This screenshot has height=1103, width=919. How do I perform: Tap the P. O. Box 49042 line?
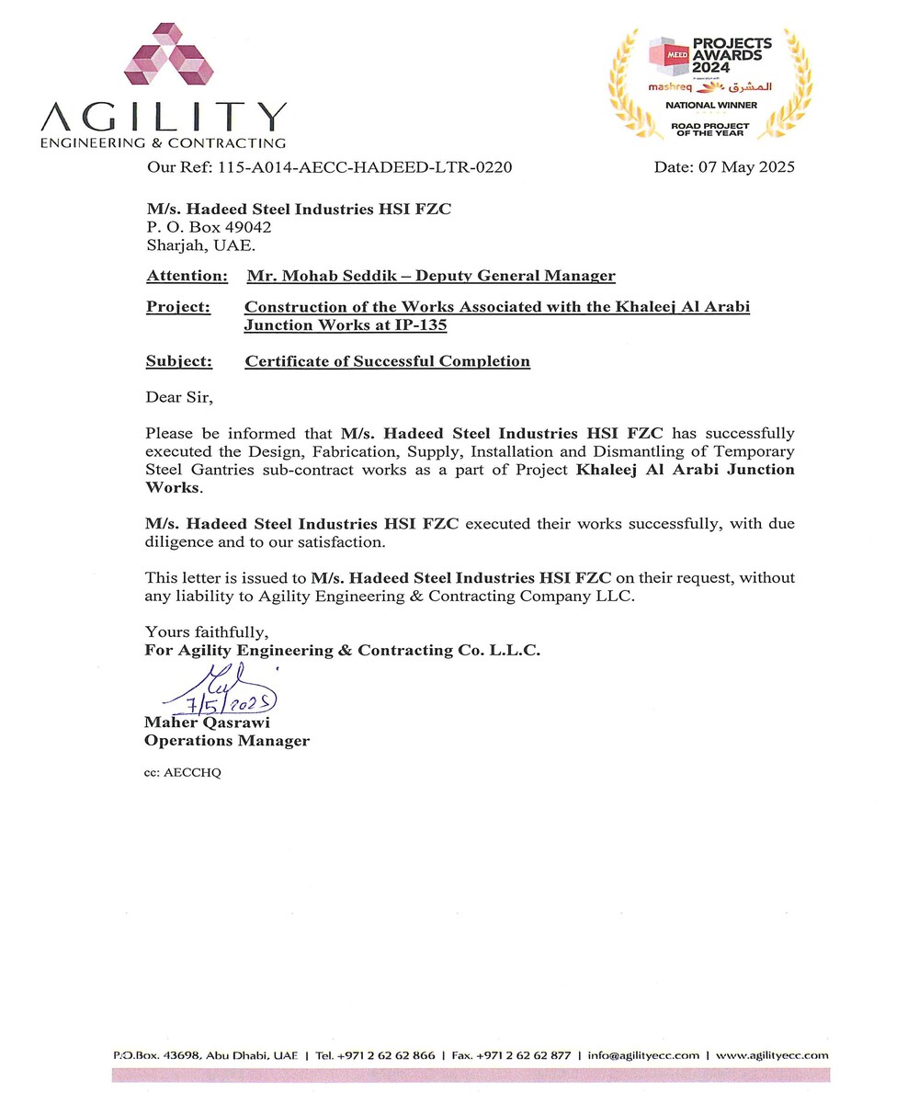click(x=209, y=227)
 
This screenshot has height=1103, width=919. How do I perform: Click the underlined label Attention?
click(x=187, y=276)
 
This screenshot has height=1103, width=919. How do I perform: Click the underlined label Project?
click(x=177, y=307)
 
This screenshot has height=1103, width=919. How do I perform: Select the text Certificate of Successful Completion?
click(x=387, y=361)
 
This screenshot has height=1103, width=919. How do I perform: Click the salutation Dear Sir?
click(x=179, y=397)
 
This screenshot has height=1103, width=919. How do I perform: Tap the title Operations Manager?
click(x=227, y=741)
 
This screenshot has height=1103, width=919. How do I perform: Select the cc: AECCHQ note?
click(x=183, y=772)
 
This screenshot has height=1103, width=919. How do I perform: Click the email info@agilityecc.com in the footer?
click(x=643, y=1055)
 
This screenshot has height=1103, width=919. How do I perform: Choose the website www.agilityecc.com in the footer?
click(x=772, y=1055)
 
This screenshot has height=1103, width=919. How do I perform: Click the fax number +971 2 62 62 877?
click(x=523, y=1055)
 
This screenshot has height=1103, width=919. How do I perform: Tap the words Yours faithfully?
click(x=207, y=632)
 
